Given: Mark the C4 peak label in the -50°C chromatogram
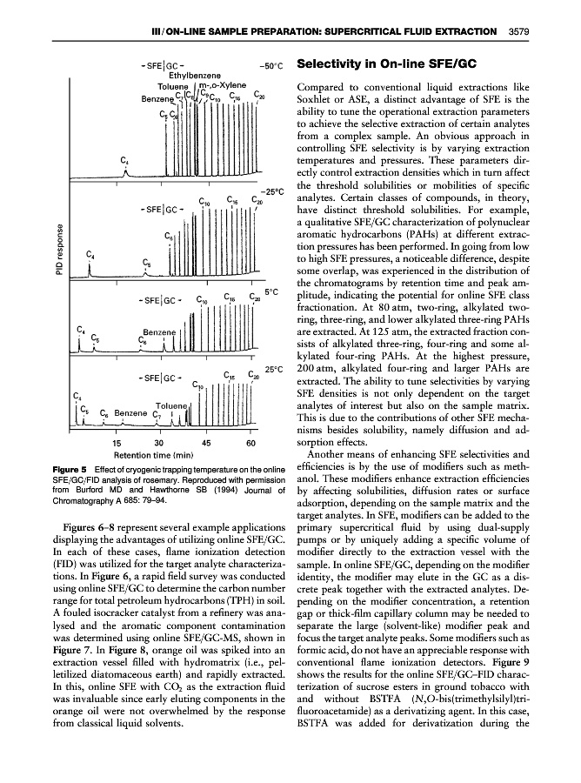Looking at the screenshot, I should click(x=125, y=158).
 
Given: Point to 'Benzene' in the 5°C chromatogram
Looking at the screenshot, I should click(x=160, y=331).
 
